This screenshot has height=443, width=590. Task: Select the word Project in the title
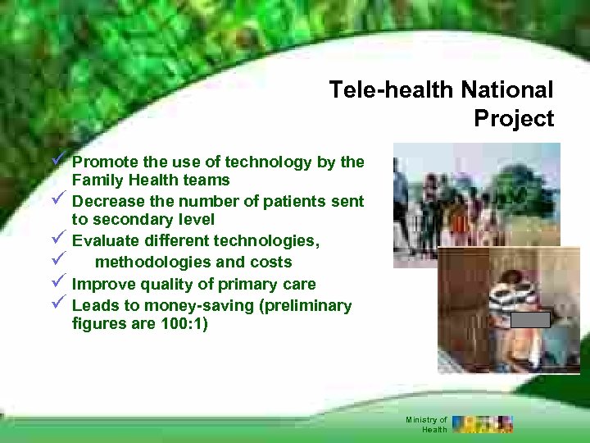[514, 119]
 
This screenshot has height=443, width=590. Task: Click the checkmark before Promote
[57, 162]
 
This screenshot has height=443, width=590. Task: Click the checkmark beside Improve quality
[57, 284]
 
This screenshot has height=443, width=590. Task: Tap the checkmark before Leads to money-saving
[57, 305]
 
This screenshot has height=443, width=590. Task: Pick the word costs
[270, 263]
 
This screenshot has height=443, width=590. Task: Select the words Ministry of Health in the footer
[427, 424]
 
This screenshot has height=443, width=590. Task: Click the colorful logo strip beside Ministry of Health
[483, 424]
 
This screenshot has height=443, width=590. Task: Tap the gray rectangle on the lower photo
[530, 320]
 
